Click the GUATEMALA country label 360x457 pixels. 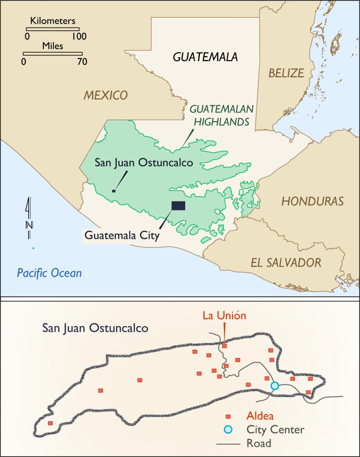[205, 57]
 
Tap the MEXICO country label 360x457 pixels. [105, 95]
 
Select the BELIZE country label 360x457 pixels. [286, 73]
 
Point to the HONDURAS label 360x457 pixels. [312, 201]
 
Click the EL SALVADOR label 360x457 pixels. [286, 262]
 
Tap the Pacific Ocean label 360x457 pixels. [49, 273]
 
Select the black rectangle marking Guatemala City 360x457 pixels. [178, 205]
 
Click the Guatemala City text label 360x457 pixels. [122, 235]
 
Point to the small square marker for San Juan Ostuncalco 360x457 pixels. [114, 191]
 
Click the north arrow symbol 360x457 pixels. [29, 219]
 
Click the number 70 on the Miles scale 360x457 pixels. [82, 62]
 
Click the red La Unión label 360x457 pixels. [224, 316]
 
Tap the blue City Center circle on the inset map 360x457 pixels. [275, 386]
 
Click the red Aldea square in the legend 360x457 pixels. [228, 416]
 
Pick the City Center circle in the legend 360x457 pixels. [228, 430]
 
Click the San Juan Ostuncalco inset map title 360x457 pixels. [95, 328]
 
